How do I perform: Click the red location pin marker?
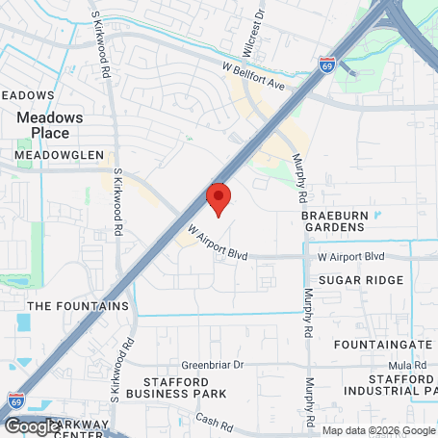pyautogui.click(x=219, y=198)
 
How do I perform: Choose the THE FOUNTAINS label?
pyautogui.click(x=78, y=306)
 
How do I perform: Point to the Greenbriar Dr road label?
pyautogui.click(x=214, y=366)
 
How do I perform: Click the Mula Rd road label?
pyautogui.click(x=408, y=366)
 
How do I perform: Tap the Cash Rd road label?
pyautogui.click(x=214, y=422)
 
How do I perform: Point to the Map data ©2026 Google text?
pyautogui.click(x=378, y=430)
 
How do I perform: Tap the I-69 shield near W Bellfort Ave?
pyautogui.click(x=327, y=64)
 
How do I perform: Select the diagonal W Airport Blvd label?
pyautogui.click(x=212, y=245)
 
